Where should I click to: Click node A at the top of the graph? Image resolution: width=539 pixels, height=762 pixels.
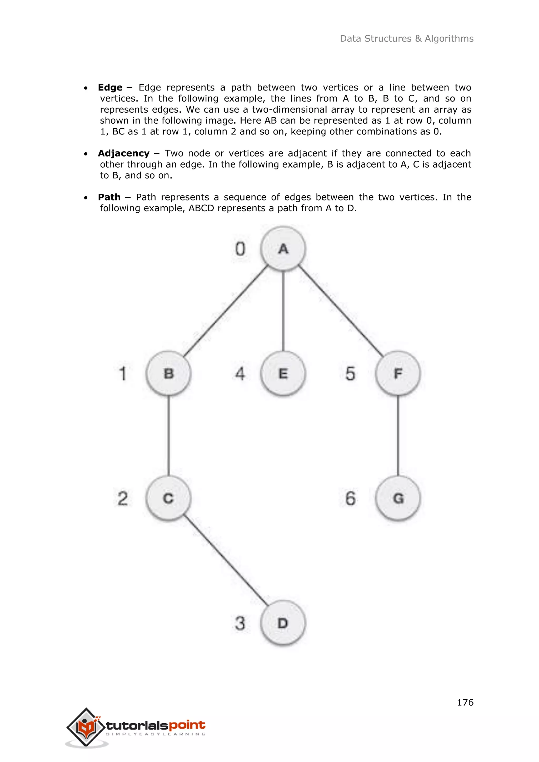[x=283, y=249]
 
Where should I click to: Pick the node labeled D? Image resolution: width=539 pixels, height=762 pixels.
[x=283, y=623]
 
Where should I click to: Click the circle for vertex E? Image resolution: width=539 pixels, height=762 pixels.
[x=283, y=373]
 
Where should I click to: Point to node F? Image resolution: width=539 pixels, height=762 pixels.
[x=398, y=373]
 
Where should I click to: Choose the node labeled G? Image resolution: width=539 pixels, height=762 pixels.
[x=398, y=498]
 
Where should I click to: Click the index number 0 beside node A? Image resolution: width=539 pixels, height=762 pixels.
[x=240, y=249]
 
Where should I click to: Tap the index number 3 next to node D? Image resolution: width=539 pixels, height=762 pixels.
[x=240, y=623]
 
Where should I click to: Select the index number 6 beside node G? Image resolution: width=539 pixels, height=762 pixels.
[x=350, y=498]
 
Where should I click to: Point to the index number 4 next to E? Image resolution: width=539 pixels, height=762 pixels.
[x=240, y=374]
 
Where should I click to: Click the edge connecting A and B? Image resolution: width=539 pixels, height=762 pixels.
[x=226, y=311]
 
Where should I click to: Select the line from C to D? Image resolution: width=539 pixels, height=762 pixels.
[x=226, y=560]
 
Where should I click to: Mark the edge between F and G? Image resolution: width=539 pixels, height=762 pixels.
[x=398, y=435]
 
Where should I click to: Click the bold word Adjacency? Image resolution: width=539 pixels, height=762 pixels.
[x=123, y=153]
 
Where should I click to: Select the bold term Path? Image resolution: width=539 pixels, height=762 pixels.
[x=109, y=197]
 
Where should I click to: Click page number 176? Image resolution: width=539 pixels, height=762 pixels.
[x=465, y=702]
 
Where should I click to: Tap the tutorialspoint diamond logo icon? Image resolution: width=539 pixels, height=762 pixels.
[x=86, y=727]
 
